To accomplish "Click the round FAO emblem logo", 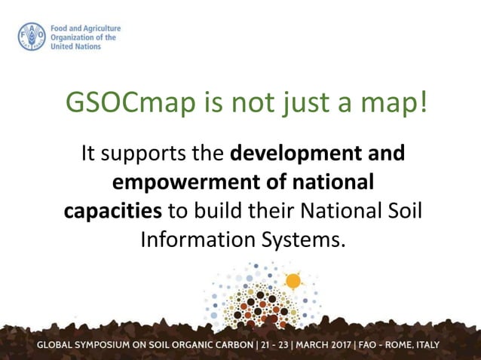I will (32, 37).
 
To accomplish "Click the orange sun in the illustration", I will (293, 281).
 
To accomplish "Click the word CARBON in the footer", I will (231, 346).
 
